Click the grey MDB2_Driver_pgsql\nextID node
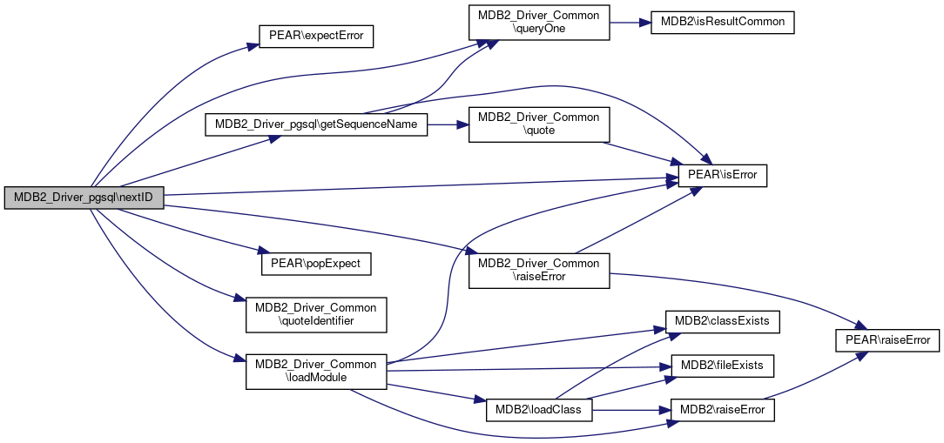[84, 198]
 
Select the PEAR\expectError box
[316, 37]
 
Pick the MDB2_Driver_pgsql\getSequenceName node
[316, 124]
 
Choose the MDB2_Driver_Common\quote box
[538, 124]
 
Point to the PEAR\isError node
[722, 175]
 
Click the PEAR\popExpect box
[316, 262]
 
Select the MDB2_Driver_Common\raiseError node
[538, 270]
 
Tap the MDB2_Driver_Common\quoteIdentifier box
[316, 314]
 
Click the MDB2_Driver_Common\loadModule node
[316, 371]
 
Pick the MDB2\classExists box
[722, 321]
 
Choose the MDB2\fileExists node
[722, 365]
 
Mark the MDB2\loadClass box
[538, 409]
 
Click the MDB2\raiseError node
[722, 409]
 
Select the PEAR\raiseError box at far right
[887, 339]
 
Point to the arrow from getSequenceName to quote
[448, 124]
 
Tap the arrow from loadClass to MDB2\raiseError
[630, 409]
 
